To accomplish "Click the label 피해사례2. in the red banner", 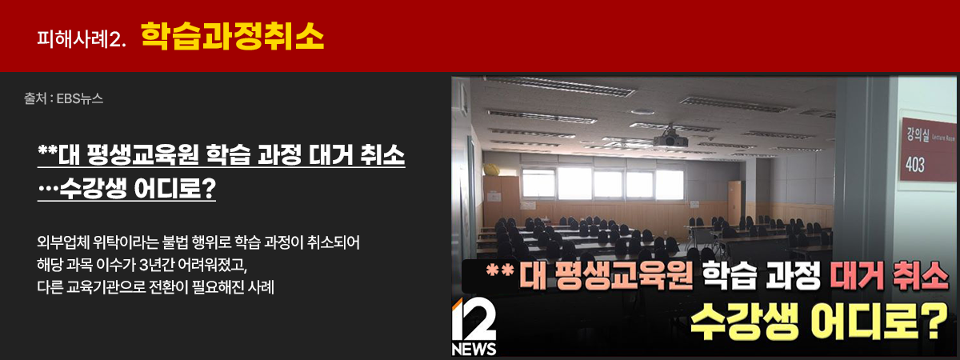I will pyautogui.click(x=82, y=37).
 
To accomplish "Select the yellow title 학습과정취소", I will pyautogui.click(x=232, y=35).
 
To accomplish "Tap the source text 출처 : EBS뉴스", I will pyautogui.click(x=64, y=100).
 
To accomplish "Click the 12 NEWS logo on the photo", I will pyautogui.click(x=474, y=328).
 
